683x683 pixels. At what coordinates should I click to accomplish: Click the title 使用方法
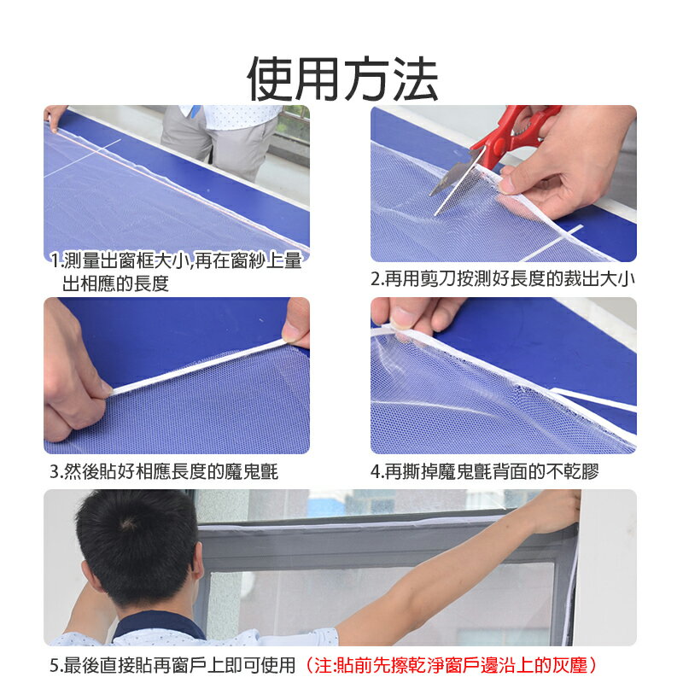click(342, 79)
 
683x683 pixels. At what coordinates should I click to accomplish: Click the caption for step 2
click(503, 279)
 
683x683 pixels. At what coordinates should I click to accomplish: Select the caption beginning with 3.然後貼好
click(164, 471)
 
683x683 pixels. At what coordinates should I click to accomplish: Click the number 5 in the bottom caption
click(54, 664)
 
